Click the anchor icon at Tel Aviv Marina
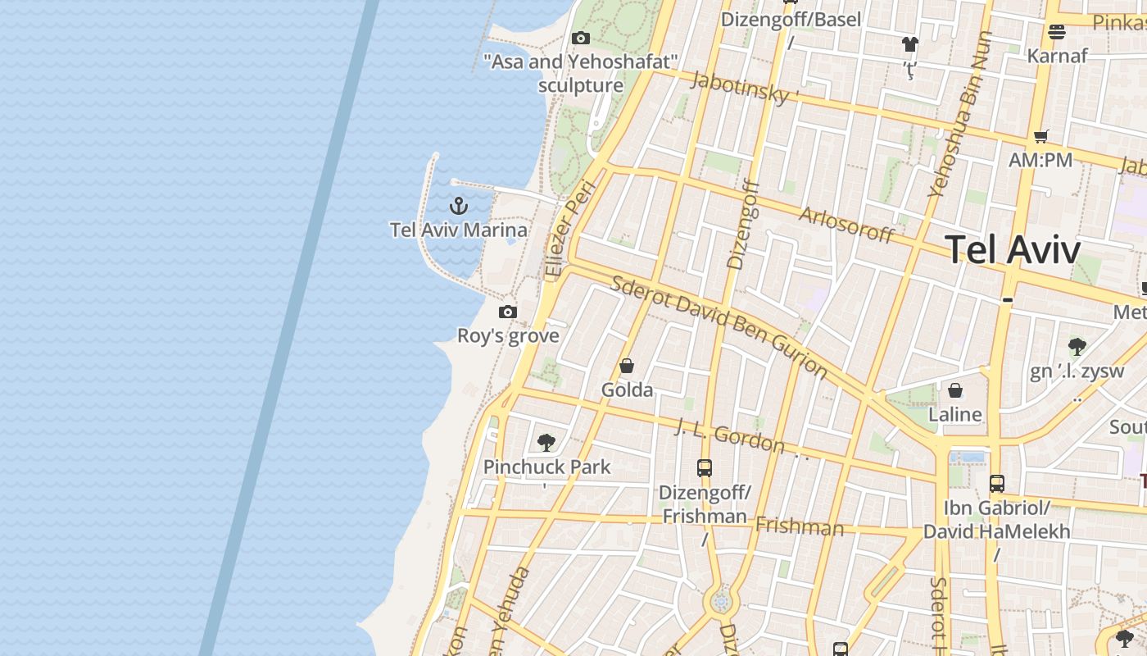tap(459, 205)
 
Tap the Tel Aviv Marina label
tap(459, 230)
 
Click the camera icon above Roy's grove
tap(508, 312)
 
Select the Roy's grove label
tap(508, 335)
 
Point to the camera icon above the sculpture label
tap(581, 38)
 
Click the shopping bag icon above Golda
tap(627, 366)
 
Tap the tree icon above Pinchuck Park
tap(546, 443)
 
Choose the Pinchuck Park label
tap(546, 467)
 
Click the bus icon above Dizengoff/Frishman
tap(705, 468)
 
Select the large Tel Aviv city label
tap(1013, 249)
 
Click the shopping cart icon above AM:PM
tap(1040, 136)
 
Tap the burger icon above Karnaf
tap(1057, 32)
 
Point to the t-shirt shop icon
tap(910, 43)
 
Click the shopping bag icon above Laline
tap(955, 390)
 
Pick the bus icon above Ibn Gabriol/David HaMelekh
tap(997, 484)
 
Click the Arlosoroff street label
tap(846, 224)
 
